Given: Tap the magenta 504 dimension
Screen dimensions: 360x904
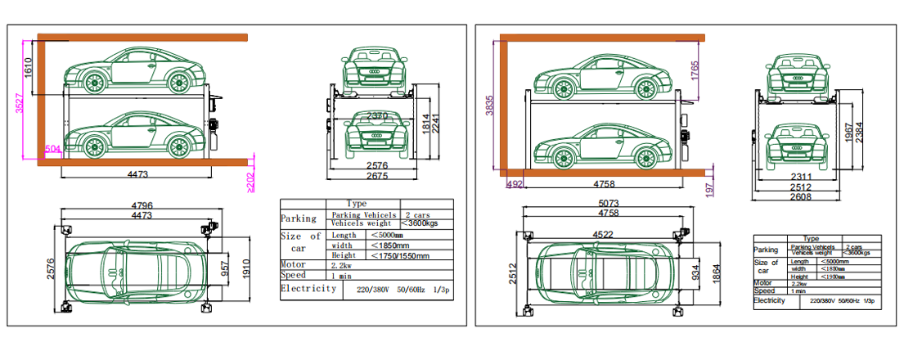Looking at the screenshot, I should [x=52, y=150].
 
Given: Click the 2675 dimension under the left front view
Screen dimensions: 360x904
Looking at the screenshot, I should [x=377, y=177].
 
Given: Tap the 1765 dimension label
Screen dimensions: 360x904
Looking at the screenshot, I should [x=695, y=70].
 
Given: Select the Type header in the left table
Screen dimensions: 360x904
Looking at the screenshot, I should [x=357, y=203].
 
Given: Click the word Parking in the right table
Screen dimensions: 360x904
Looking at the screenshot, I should [x=767, y=250].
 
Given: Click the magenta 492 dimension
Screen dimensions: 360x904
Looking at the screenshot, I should [x=515, y=184].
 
